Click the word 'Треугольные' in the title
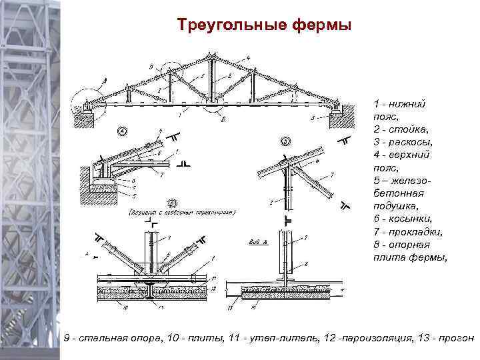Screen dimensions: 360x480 [232, 26]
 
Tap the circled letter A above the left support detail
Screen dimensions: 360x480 [123, 131]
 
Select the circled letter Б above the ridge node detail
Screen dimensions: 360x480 [285, 141]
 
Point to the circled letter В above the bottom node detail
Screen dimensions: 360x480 [172, 202]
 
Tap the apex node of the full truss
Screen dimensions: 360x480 [212, 56]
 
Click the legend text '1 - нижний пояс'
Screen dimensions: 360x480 [400, 109]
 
